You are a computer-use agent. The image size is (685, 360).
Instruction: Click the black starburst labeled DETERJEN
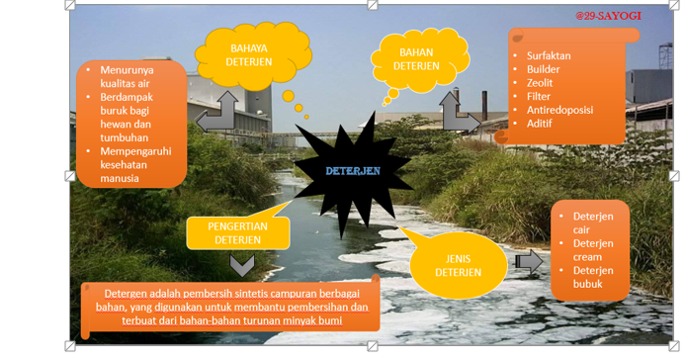353,171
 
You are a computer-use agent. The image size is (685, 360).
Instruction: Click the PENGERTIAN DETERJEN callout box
238,233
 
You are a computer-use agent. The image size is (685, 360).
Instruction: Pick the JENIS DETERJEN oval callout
458,265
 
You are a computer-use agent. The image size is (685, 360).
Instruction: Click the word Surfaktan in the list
549,56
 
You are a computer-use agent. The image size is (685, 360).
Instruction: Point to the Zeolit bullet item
540,83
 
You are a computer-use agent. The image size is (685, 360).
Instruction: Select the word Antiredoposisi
559,110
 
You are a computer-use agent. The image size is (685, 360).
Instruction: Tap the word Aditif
539,124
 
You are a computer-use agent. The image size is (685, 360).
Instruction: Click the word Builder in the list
543,70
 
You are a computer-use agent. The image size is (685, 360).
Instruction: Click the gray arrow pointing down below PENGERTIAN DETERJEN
242,265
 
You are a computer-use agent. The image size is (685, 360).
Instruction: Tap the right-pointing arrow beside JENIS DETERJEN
528,261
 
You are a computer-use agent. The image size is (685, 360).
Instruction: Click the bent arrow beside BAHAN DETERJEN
458,112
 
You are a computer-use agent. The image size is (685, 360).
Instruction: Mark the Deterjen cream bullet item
593,250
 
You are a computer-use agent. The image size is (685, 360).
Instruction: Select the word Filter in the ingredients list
539,97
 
